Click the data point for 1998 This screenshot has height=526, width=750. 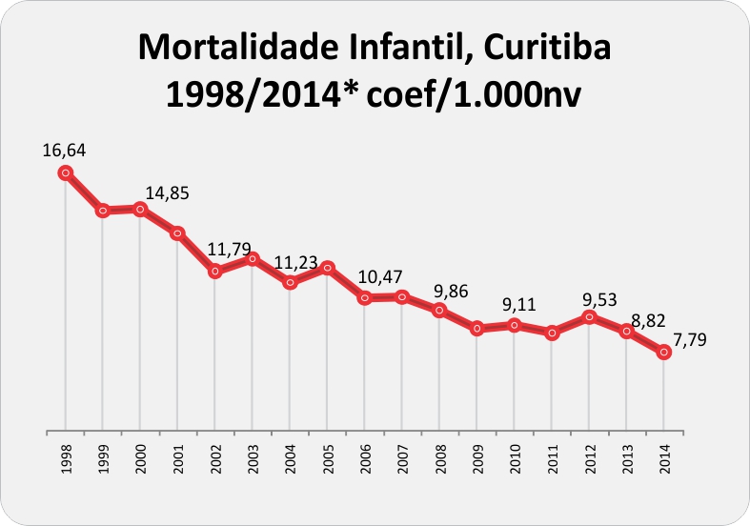[65, 172]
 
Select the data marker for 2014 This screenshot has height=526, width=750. [664, 353]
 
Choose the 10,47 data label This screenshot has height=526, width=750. [379, 276]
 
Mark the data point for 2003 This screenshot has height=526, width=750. [253, 258]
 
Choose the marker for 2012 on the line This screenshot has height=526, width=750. [590, 317]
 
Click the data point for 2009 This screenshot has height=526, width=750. [477, 329]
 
